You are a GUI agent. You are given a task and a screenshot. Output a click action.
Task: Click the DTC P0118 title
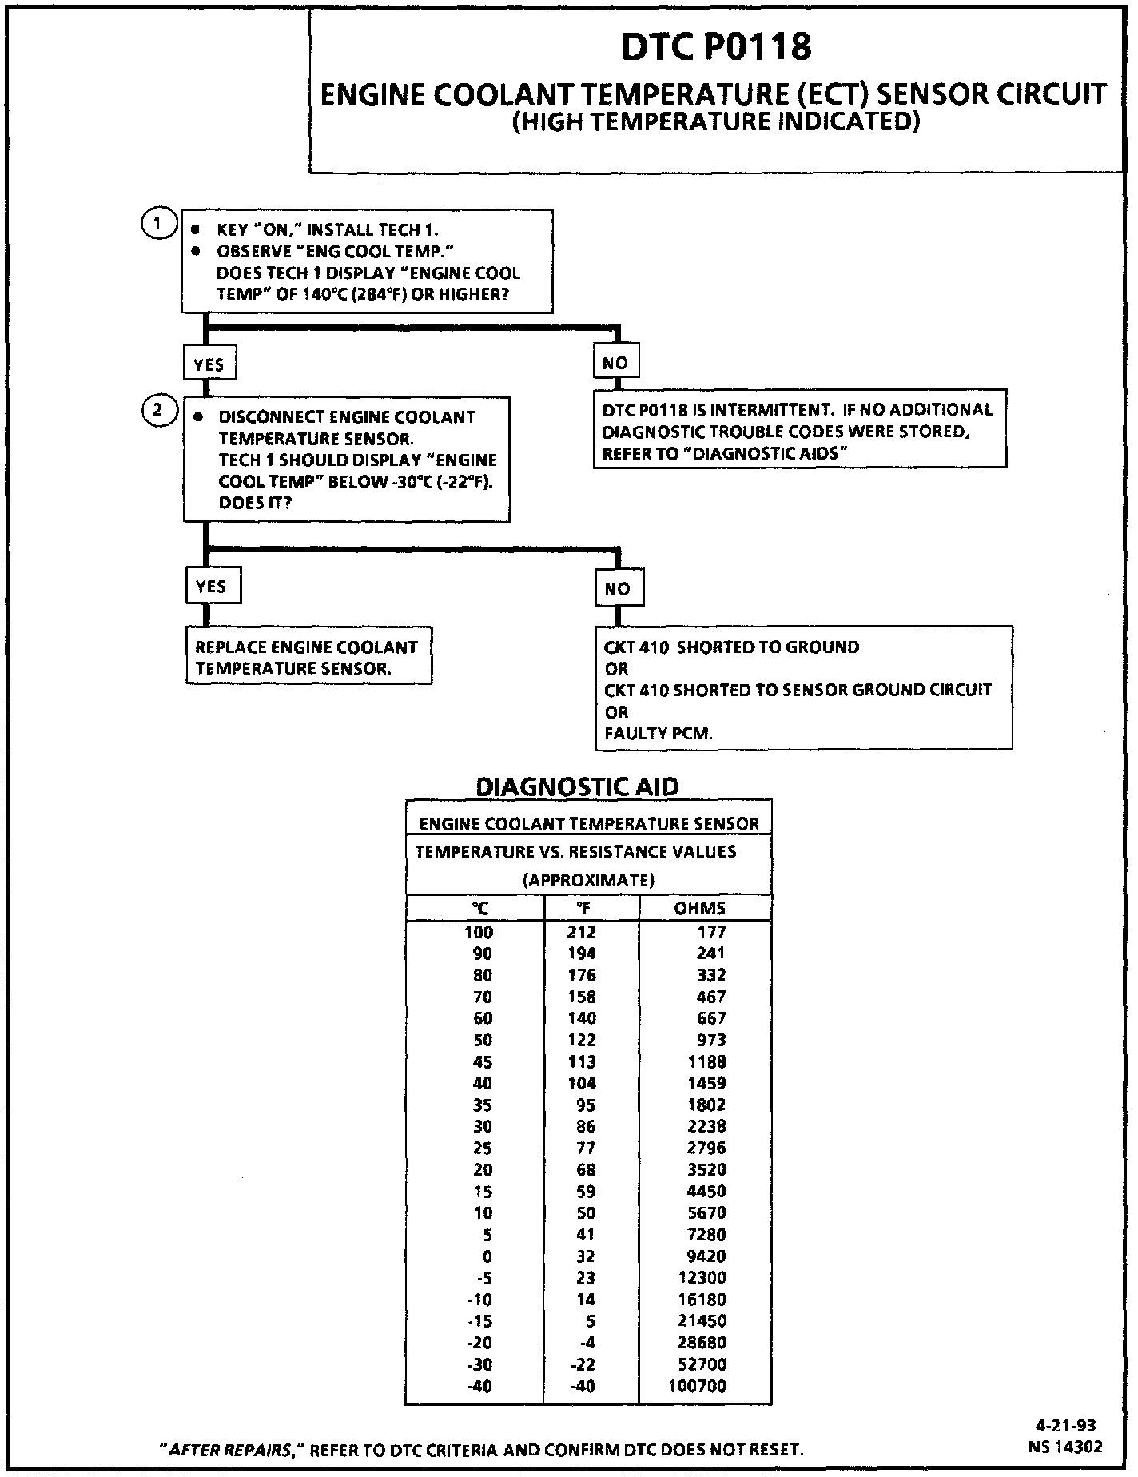[716, 46]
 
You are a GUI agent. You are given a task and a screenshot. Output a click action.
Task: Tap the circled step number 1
[157, 224]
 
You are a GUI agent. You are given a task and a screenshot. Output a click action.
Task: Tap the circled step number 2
[157, 411]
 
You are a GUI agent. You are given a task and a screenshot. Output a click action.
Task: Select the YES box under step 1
[209, 364]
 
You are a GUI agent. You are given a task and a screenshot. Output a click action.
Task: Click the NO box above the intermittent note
[615, 363]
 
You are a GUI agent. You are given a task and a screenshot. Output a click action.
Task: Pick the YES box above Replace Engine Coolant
[211, 587]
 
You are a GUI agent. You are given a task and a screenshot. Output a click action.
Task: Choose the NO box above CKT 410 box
[618, 589]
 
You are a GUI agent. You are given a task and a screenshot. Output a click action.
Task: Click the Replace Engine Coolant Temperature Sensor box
[308, 658]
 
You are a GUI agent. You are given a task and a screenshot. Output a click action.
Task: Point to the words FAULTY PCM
[658, 733]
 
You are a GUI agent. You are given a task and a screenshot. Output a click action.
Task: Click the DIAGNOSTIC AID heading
[577, 786]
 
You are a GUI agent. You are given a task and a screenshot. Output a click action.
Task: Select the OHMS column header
[700, 908]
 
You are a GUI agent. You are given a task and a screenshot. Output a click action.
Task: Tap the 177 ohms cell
[711, 932]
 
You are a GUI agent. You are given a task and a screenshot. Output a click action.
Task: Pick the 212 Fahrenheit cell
[582, 932]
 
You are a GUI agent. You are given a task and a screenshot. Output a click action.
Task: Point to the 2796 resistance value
[707, 1149]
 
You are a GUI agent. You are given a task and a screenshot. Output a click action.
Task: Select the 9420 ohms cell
[707, 1256]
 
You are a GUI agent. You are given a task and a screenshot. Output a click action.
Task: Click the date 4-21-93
[1065, 1425]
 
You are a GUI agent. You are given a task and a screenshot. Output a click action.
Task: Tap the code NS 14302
[1065, 1446]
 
